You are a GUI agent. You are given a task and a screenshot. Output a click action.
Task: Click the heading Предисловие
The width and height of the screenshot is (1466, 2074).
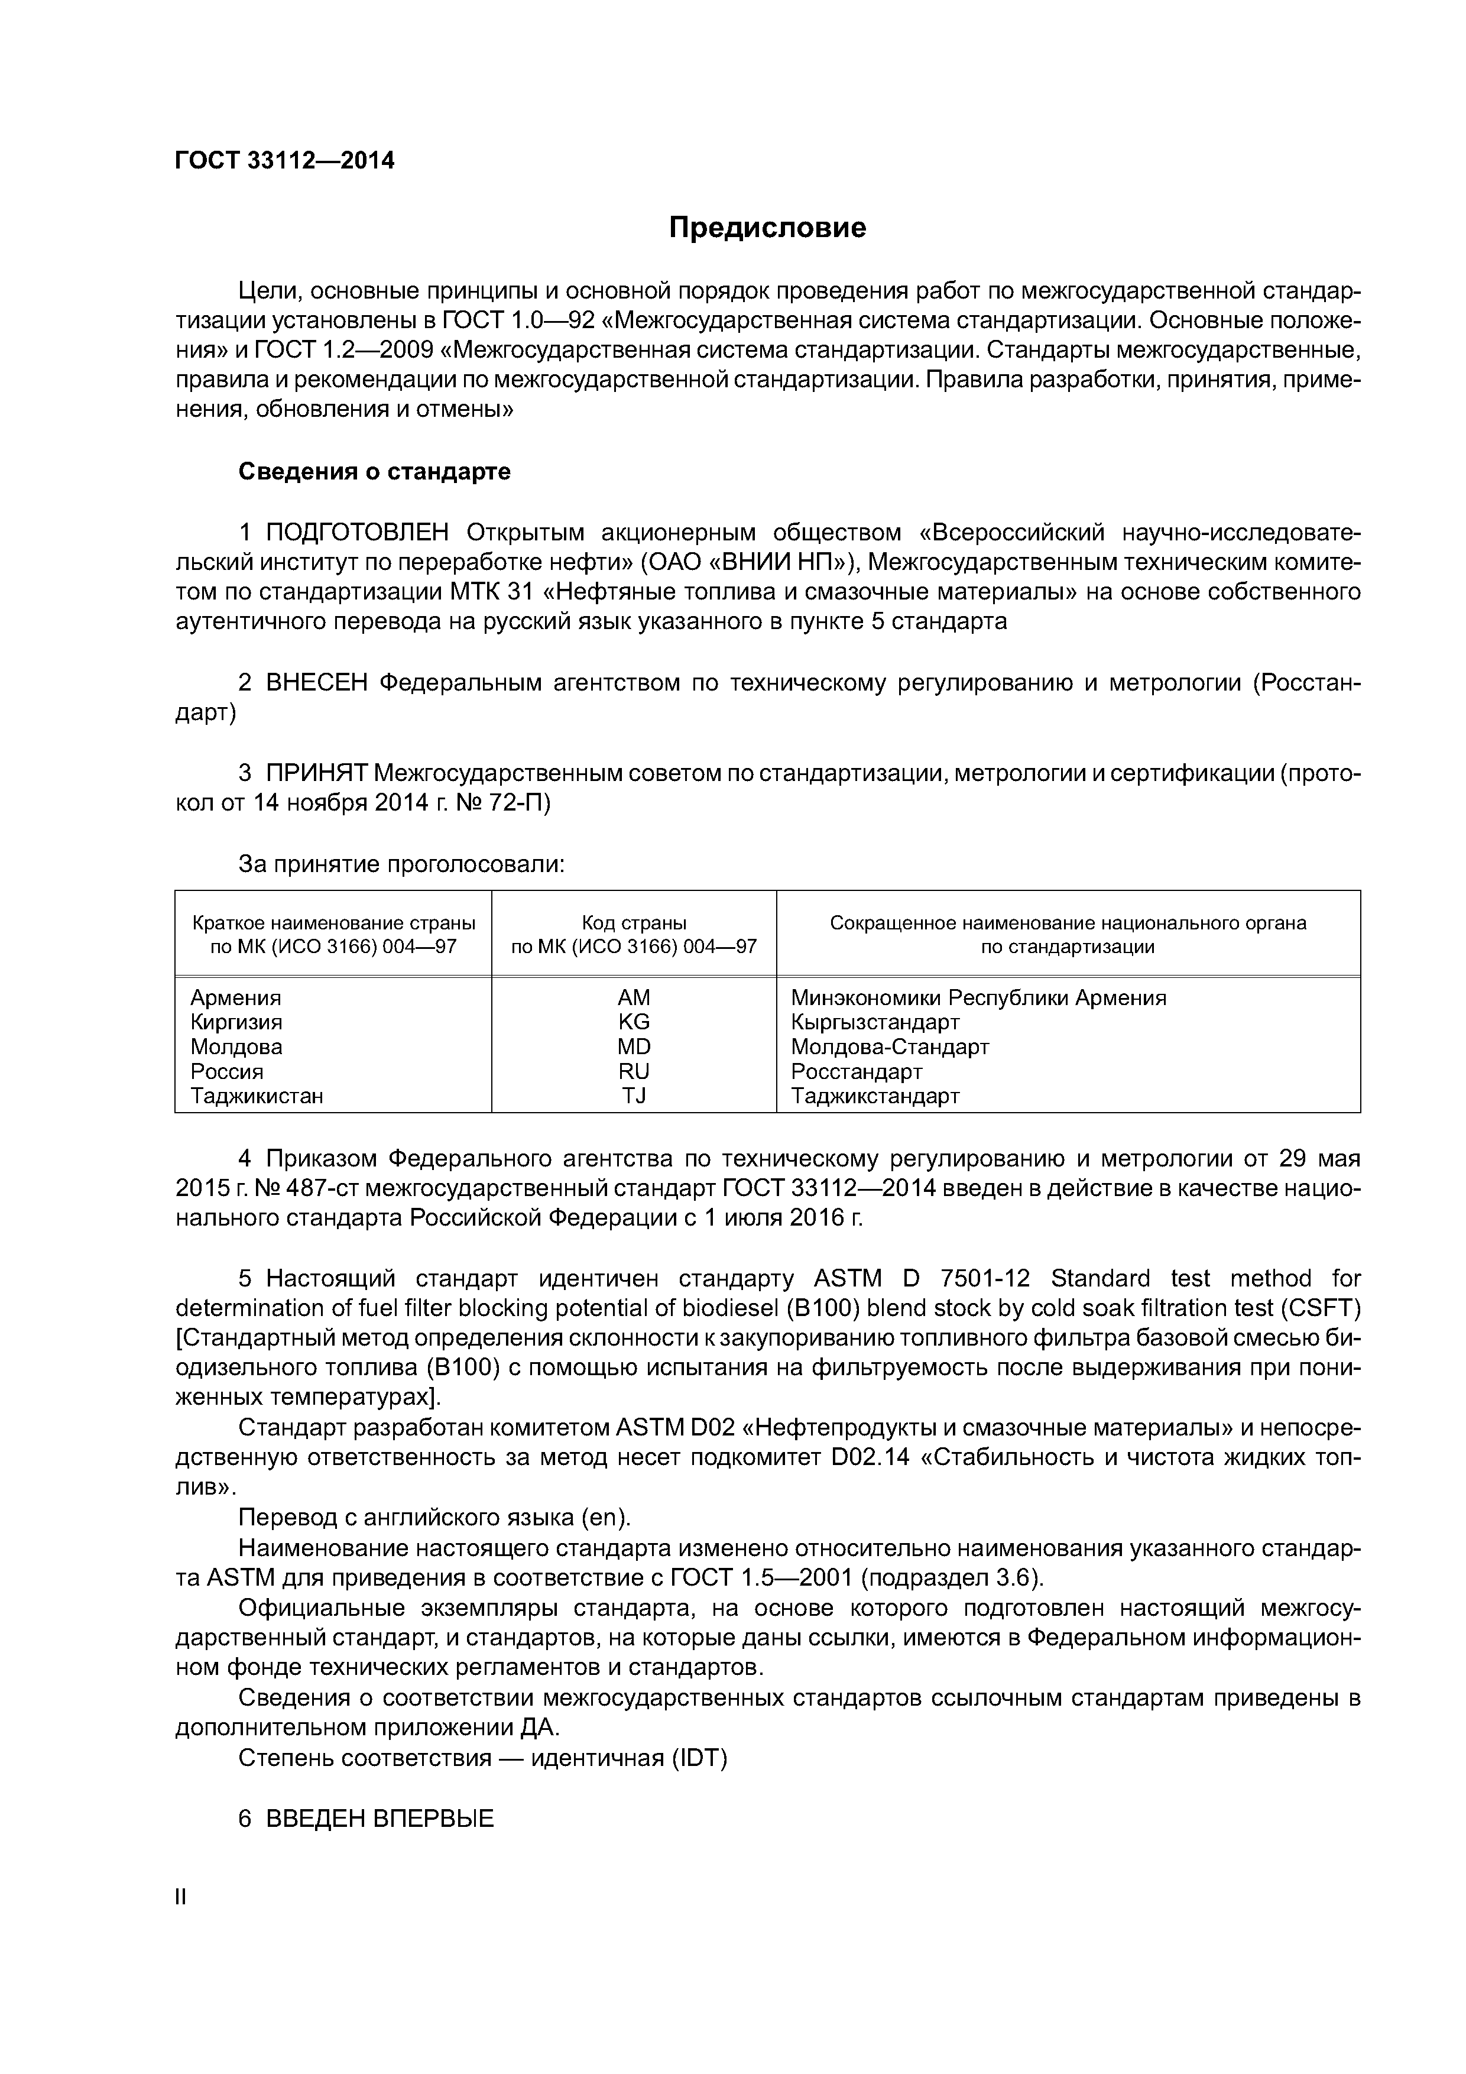point(767,228)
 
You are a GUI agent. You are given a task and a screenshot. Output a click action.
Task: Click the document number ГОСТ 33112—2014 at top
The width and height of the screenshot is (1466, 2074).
point(284,161)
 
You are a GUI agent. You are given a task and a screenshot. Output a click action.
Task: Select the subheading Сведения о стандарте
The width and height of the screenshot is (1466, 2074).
point(374,472)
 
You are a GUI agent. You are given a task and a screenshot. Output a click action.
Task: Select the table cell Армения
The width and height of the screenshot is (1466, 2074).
point(236,997)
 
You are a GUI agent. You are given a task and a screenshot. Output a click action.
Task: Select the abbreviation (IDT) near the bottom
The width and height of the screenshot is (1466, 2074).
point(698,1758)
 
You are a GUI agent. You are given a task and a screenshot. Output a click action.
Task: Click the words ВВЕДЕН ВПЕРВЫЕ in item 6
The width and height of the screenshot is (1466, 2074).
point(380,1819)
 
